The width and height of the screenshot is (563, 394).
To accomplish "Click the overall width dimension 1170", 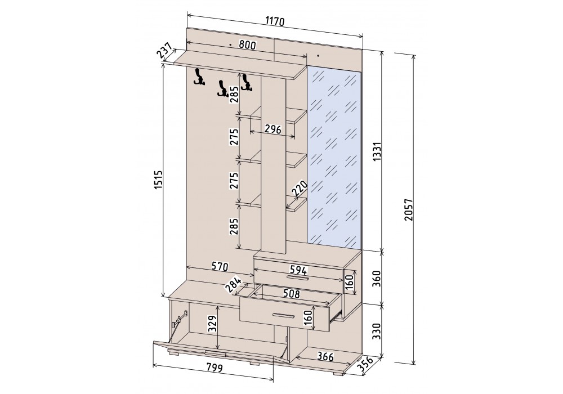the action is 275,21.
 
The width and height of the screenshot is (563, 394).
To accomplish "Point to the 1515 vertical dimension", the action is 158,185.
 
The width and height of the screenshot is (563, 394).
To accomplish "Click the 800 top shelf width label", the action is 247,44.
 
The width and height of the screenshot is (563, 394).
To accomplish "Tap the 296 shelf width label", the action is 272,129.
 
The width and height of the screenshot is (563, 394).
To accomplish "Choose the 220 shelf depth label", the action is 300,189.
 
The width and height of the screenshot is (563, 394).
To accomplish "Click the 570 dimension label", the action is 220,266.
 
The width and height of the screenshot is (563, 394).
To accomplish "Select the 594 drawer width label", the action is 298,270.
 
